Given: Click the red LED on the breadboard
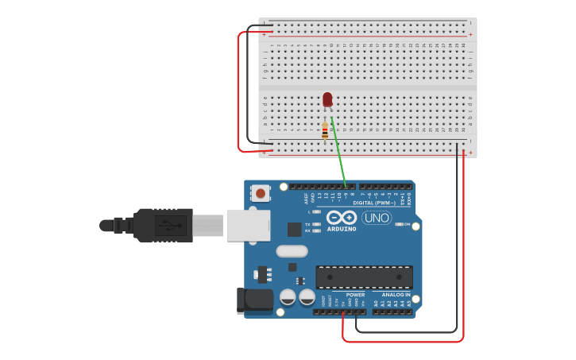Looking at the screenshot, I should click(327, 99).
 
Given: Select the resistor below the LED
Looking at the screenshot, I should click(325, 130).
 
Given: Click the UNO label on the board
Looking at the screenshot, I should click(376, 217).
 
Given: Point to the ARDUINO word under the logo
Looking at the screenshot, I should click(342, 229).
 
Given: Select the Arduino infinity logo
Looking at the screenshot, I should click(341, 217).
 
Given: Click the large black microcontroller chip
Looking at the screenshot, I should click(364, 277).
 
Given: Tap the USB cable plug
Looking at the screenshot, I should click(162, 225).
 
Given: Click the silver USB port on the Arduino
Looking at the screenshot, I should click(248, 225).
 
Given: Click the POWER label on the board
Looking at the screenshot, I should click(355, 295).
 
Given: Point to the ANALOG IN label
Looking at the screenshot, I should click(396, 295).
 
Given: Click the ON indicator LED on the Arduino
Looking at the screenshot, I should click(397, 224).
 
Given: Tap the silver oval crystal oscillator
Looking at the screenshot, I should click(292, 251).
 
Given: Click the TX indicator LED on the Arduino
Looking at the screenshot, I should click(316, 224).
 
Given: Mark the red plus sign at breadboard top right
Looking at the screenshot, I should click(471, 35).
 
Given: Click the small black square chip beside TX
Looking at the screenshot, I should click(295, 229).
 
